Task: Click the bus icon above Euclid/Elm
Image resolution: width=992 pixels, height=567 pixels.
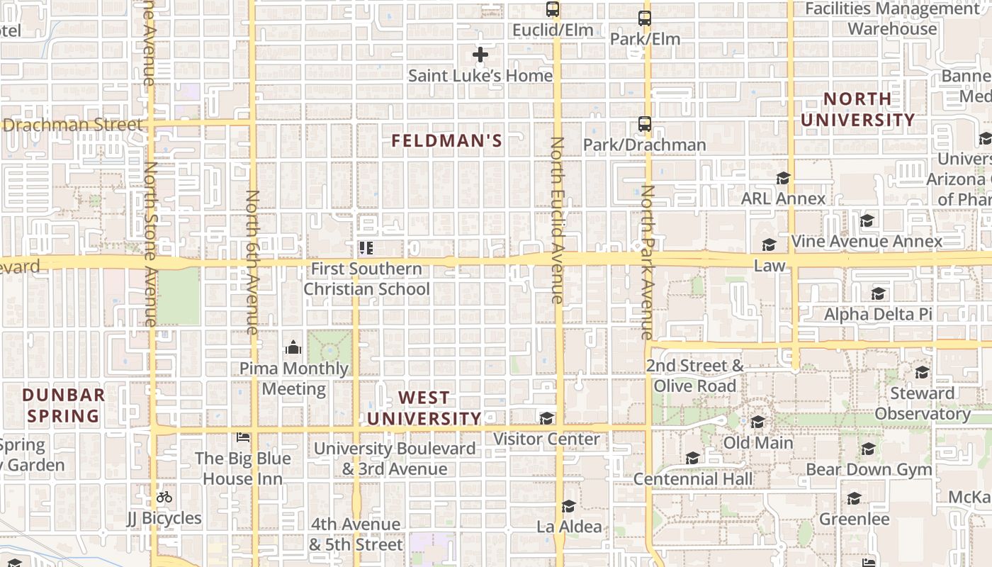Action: (553, 9)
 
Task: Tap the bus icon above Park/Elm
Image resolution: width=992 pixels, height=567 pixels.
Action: (644, 18)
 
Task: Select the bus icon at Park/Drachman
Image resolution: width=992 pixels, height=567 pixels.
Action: (644, 124)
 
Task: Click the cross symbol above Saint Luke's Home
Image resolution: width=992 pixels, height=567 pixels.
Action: (480, 55)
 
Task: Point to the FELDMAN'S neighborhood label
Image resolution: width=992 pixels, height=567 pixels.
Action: (446, 141)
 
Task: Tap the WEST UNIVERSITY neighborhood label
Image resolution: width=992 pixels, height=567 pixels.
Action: (424, 408)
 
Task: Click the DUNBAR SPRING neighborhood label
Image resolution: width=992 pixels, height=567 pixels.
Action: (63, 405)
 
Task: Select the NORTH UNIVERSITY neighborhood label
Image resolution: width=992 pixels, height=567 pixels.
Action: (857, 110)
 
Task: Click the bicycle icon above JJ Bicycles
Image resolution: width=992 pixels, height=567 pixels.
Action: (164, 497)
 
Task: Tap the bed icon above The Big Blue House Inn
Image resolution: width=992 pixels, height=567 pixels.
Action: (243, 437)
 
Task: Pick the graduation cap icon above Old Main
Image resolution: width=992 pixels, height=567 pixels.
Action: (757, 422)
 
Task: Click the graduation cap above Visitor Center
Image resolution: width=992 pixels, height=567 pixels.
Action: (546, 418)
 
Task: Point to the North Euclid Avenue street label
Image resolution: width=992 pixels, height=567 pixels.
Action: (557, 220)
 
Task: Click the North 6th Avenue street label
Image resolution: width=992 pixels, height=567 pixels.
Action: (252, 262)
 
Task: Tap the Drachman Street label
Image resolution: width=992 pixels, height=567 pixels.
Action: (73, 125)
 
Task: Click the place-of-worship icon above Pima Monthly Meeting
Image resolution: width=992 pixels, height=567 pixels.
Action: (293, 347)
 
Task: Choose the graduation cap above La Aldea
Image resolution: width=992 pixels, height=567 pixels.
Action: (568, 506)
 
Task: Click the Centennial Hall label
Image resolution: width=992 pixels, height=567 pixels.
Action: (693, 479)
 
